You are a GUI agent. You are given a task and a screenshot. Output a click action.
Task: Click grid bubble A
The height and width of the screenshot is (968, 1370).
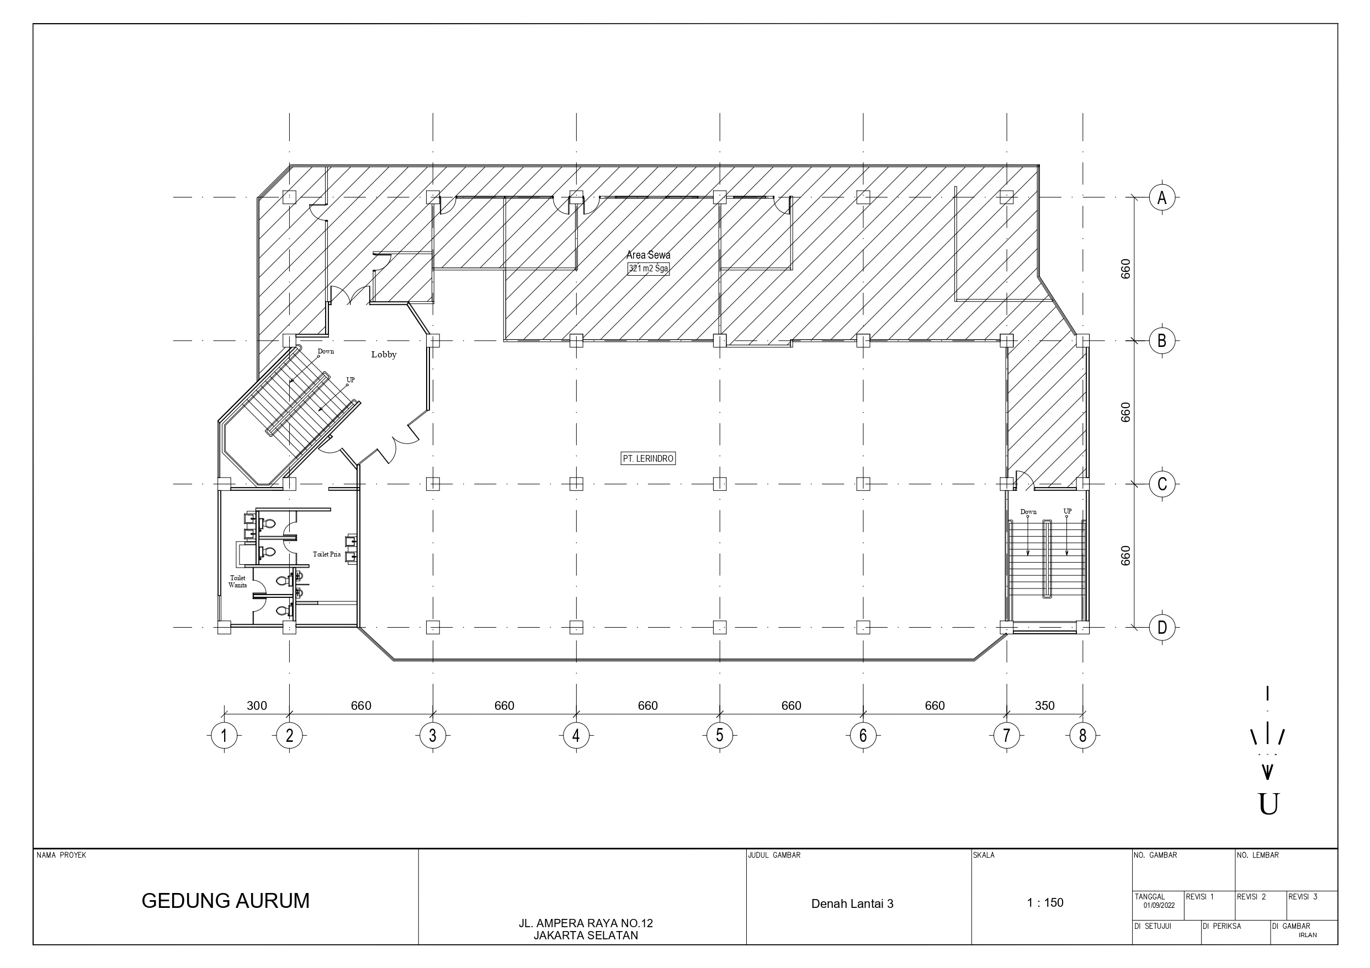(x=1162, y=197)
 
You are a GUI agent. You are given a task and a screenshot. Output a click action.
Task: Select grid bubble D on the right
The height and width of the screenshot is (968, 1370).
(x=1162, y=628)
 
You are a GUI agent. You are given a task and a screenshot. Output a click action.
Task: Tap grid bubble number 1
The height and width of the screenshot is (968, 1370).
(x=224, y=735)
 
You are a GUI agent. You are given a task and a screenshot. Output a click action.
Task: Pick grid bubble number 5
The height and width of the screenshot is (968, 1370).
(x=720, y=735)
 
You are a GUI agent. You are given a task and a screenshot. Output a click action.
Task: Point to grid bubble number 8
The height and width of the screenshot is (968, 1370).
(x=1082, y=735)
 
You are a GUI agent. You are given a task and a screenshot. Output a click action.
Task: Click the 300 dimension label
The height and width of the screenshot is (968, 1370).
(x=257, y=705)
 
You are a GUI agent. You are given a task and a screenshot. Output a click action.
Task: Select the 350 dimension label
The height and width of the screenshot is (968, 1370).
(x=1045, y=705)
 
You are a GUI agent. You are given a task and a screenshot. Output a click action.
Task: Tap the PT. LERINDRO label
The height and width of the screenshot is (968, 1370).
(x=648, y=459)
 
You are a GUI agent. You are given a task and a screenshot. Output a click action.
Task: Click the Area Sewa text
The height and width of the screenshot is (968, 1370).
(x=648, y=255)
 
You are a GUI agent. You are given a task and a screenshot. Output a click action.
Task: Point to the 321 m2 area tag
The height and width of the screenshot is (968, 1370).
(x=648, y=269)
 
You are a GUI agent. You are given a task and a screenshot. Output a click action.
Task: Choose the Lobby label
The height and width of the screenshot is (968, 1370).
(x=384, y=354)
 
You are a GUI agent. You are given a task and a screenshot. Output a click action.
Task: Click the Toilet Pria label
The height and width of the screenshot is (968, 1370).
(x=326, y=554)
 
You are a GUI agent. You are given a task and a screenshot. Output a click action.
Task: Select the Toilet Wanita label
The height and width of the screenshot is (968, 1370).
(x=237, y=581)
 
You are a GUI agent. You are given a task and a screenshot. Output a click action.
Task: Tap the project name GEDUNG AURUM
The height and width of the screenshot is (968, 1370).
(x=226, y=901)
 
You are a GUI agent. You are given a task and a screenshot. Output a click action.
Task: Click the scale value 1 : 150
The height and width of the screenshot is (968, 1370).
(x=1045, y=902)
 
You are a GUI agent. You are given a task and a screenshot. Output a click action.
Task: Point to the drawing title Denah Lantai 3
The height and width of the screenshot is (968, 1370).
(x=852, y=903)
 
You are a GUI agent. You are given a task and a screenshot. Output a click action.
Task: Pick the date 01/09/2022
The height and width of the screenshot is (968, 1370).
(x=1159, y=905)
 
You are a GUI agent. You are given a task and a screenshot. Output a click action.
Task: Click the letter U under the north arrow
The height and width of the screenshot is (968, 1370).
(x=1268, y=804)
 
